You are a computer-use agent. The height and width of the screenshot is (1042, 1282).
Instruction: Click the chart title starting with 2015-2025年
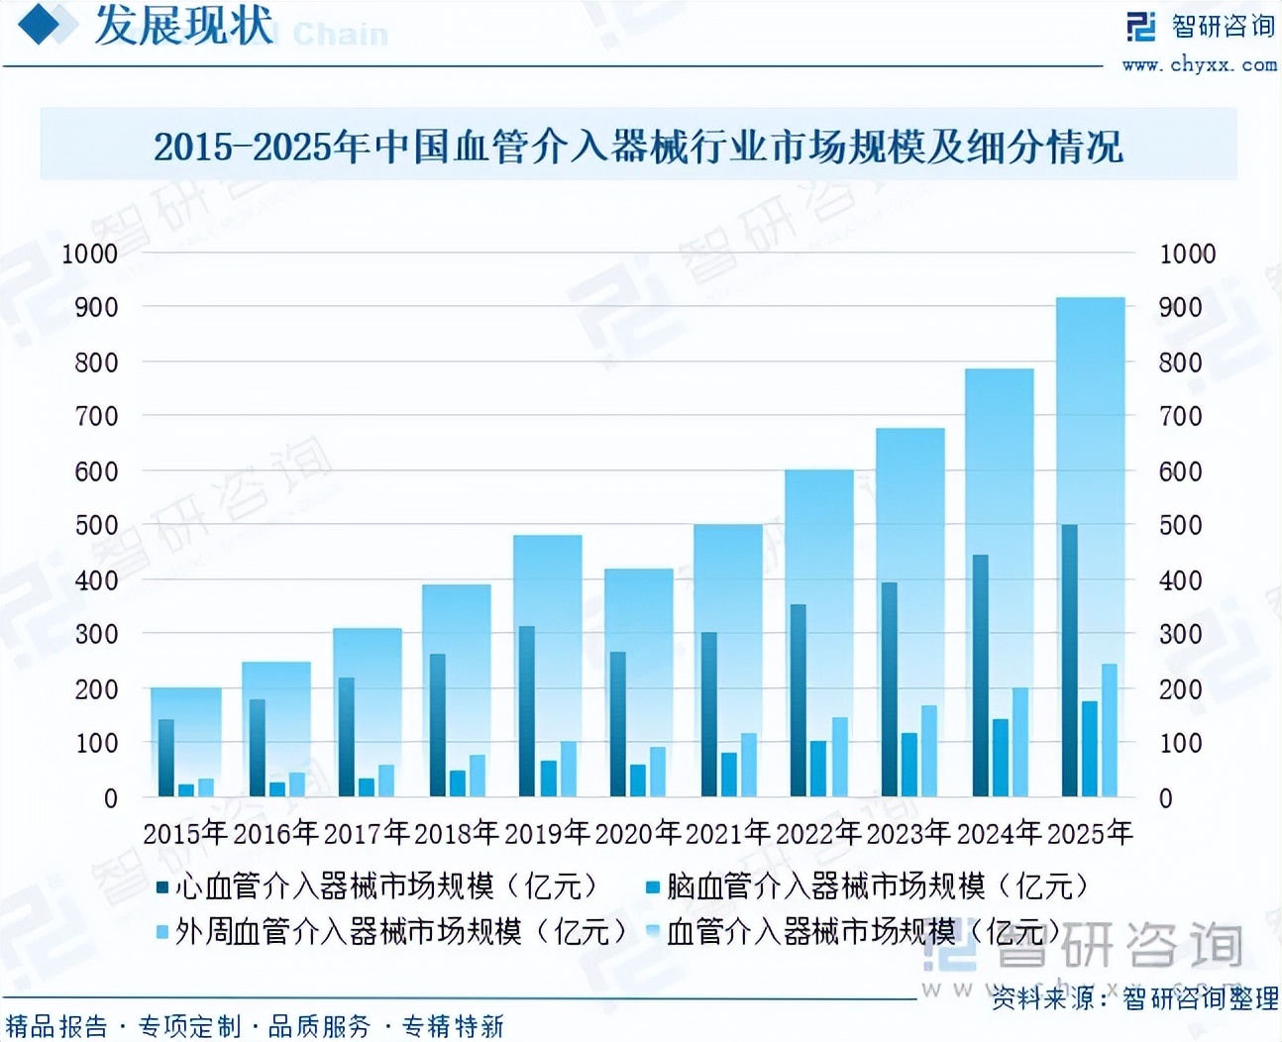(x=638, y=147)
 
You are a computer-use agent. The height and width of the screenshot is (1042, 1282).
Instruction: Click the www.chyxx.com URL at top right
(x=1199, y=65)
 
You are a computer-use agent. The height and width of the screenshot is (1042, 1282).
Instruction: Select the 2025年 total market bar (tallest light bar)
(x=1090, y=396)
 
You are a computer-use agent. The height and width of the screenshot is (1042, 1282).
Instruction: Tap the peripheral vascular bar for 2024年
(x=1019, y=742)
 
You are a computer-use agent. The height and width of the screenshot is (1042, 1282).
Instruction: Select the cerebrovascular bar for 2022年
(x=818, y=769)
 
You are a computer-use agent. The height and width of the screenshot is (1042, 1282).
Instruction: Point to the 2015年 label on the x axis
(x=185, y=833)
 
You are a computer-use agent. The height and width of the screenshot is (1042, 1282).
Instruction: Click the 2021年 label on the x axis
(x=727, y=833)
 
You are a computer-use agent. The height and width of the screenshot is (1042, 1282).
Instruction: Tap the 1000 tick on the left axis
(x=89, y=254)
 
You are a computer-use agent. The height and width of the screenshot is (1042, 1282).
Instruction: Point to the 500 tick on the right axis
(x=1180, y=525)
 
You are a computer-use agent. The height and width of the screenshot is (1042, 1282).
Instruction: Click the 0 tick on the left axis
(x=110, y=797)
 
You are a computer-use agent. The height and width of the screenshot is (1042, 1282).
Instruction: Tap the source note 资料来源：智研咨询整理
(x=1134, y=998)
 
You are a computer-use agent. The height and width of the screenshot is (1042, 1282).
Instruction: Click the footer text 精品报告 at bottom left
(x=56, y=1026)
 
